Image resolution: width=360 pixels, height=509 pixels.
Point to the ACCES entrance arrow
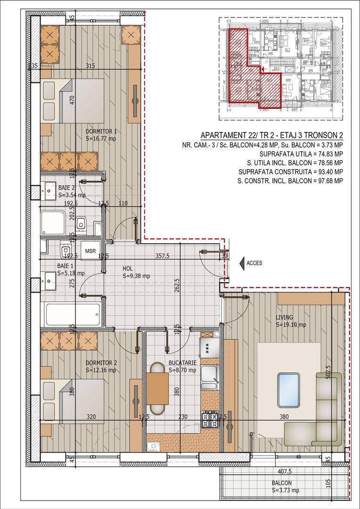coord(242,263)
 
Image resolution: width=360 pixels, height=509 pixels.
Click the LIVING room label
coord(285,317)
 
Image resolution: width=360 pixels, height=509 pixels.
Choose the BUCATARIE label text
coord(182,363)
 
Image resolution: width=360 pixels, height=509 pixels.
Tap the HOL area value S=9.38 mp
coord(136,276)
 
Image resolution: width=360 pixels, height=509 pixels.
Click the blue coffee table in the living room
coord(288,389)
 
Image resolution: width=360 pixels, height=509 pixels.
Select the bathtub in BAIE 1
coord(73,314)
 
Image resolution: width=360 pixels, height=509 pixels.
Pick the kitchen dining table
coord(157,388)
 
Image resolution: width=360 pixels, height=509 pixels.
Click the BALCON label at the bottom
coord(281,483)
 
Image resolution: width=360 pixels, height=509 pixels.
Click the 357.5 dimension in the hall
coord(163,256)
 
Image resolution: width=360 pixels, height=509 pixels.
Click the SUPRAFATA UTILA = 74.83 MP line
coord(301,154)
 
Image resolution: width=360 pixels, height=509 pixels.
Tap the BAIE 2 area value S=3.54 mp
coord(72,195)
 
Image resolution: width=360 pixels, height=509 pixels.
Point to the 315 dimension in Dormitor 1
coord(90,66)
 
